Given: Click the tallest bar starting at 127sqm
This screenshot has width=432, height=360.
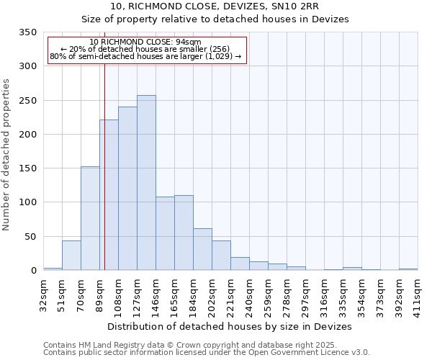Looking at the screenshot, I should (x=146, y=183).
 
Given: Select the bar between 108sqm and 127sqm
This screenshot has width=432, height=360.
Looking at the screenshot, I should (x=127, y=189).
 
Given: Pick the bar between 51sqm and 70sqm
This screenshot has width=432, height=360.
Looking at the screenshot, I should (x=71, y=256).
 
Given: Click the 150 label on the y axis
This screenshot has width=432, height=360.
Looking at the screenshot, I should (x=27, y=168).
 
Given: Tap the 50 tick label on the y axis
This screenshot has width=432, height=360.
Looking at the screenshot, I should (x=30, y=237).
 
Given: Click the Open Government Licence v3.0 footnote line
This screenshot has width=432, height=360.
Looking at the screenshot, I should (x=207, y=352).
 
